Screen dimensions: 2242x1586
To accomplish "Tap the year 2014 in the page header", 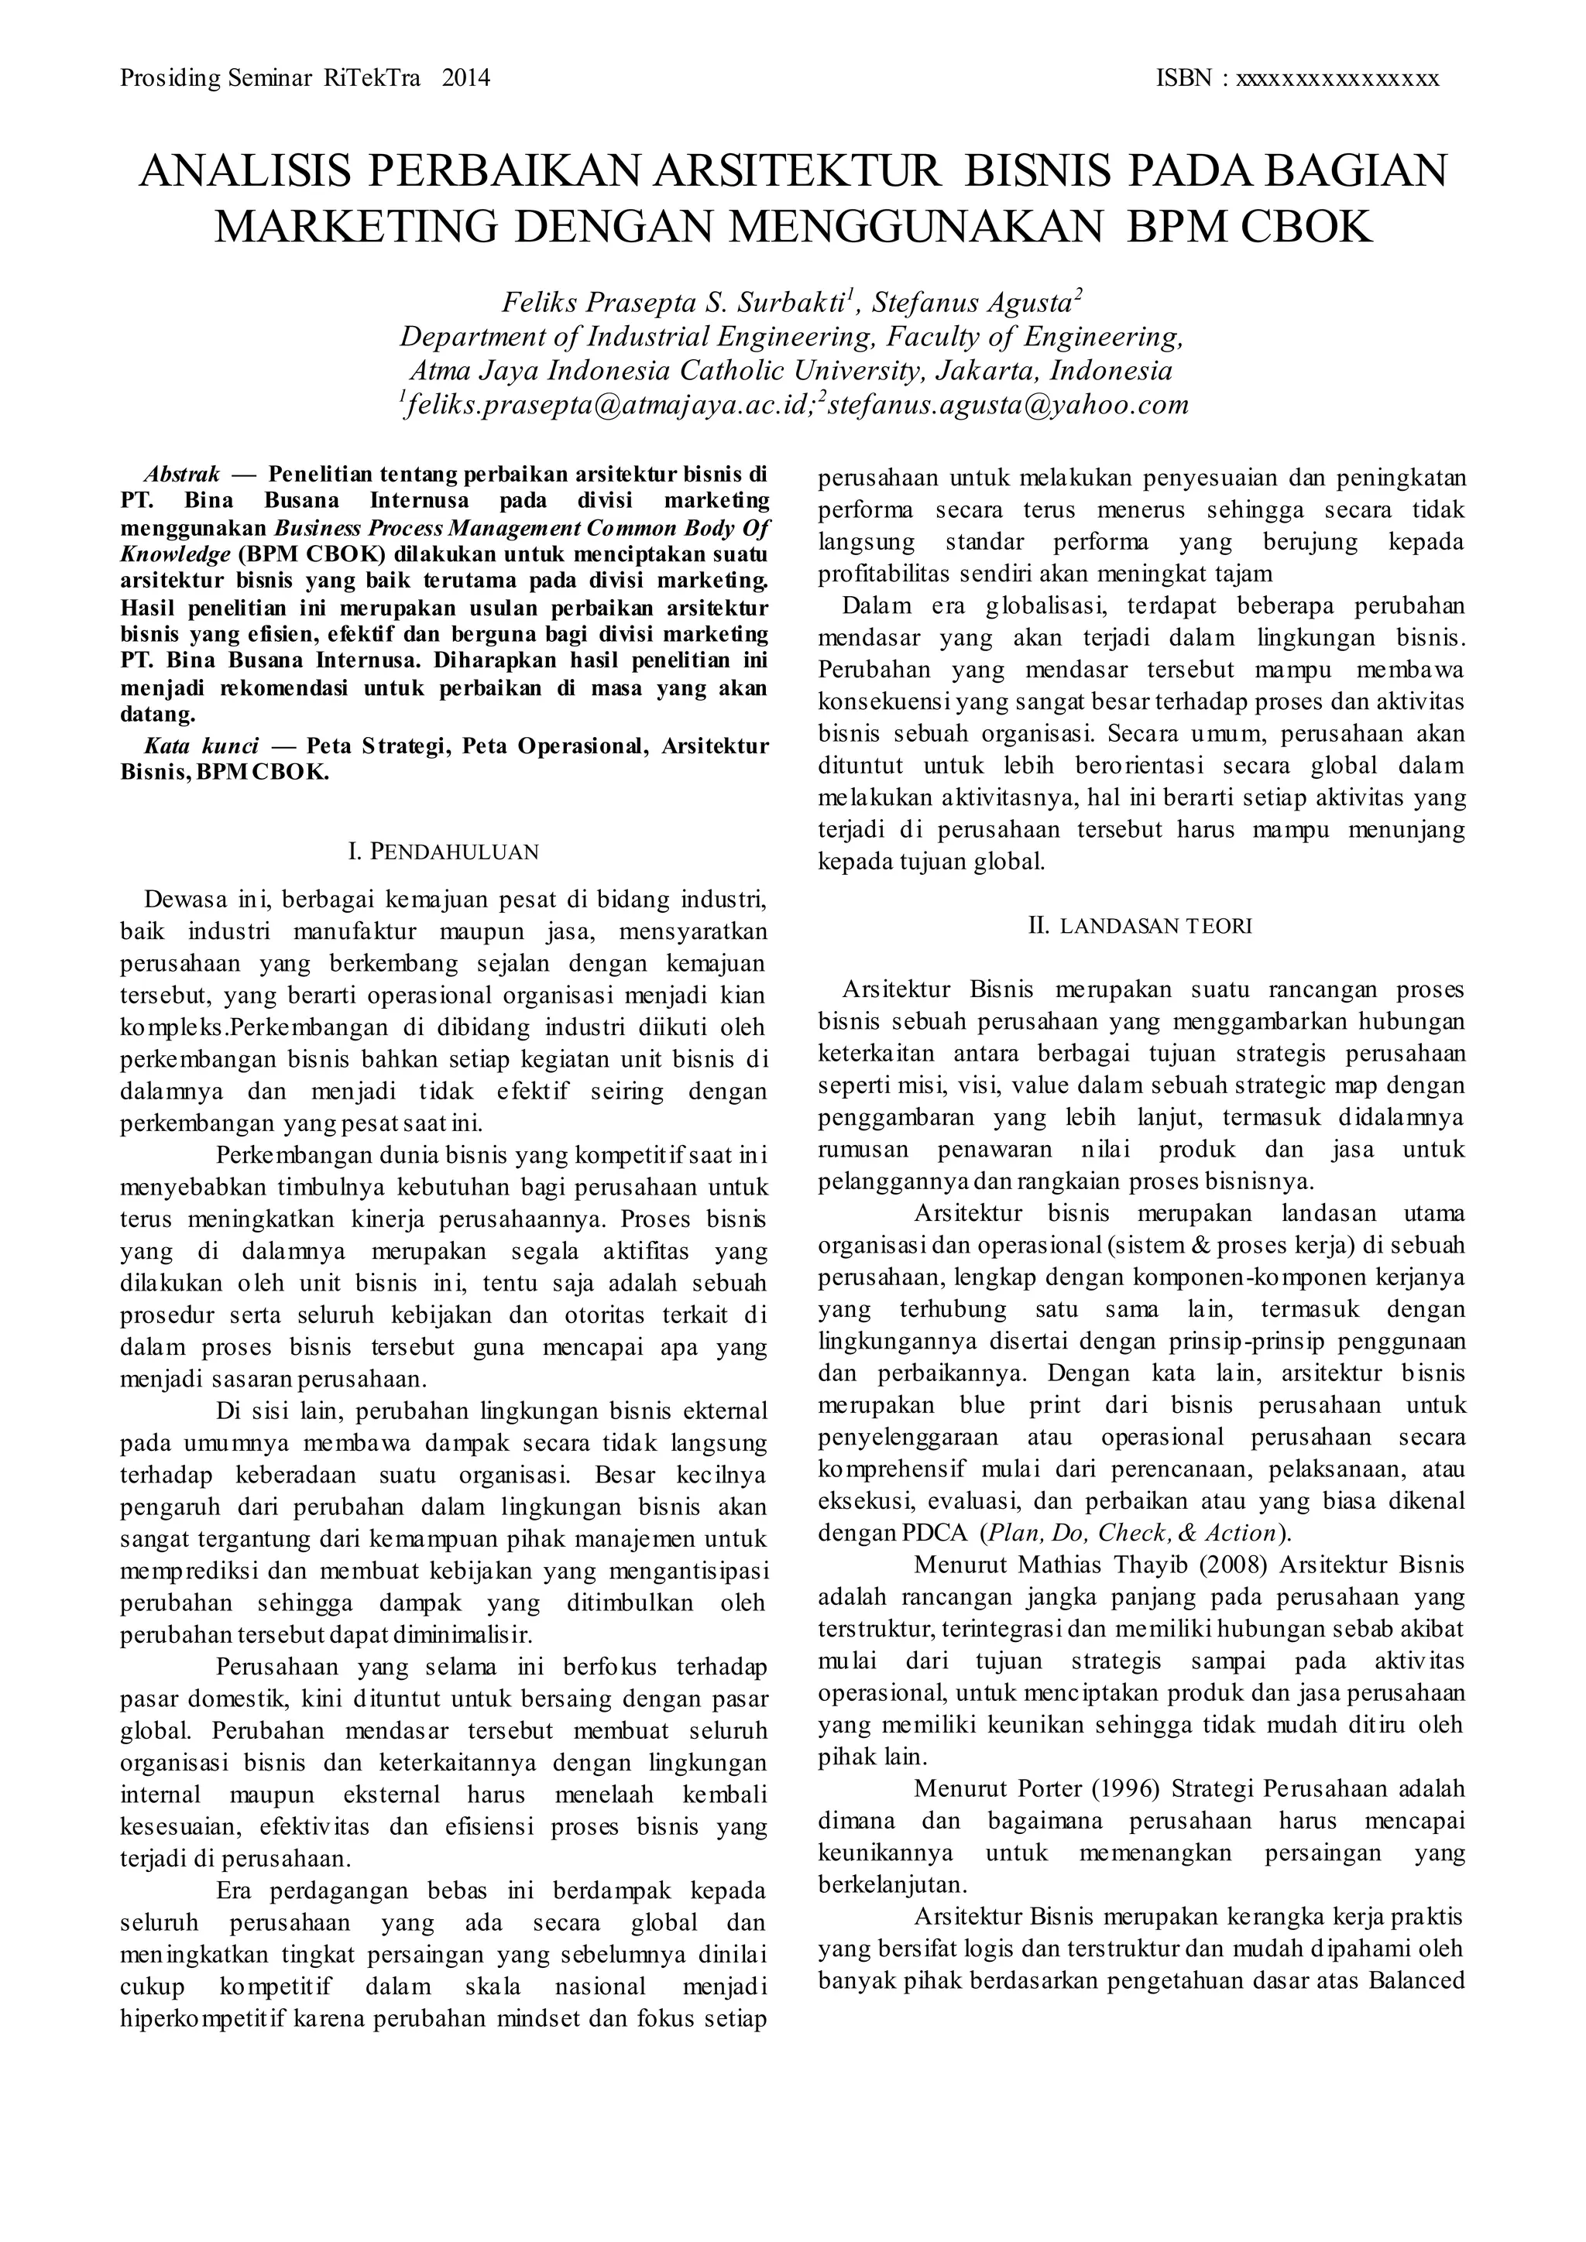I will point(466,78).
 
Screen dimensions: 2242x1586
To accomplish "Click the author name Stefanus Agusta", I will point(976,302).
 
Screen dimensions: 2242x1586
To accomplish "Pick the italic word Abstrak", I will point(182,475).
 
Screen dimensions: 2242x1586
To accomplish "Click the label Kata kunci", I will point(201,747).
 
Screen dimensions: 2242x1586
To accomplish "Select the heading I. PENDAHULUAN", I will point(444,852).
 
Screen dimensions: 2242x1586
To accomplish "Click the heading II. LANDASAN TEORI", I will point(1140,926).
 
